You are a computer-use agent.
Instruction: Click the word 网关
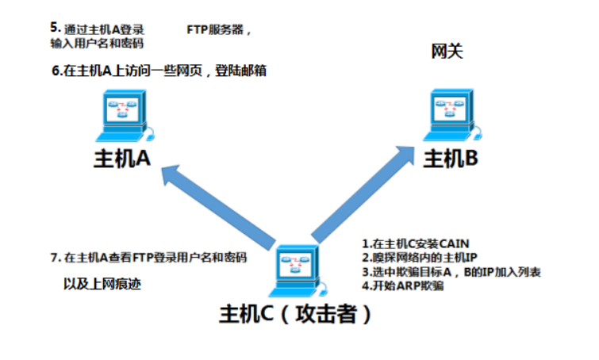click(x=447, y=52)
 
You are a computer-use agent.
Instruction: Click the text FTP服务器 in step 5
click(x=218, y=31)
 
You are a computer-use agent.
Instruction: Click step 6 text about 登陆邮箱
click(x=159, y=71)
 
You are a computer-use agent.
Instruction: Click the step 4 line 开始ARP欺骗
click(x=402, y=286)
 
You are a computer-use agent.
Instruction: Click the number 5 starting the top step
click(x=53, y=28)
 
